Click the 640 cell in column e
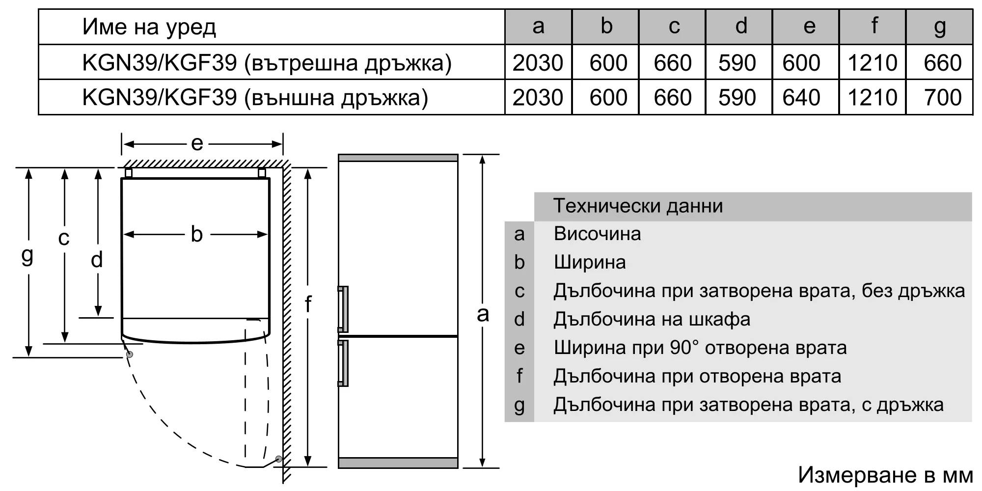click(801, 97)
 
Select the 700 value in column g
click(942, 97)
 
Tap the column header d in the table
click(741, 26)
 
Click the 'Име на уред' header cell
click(149, 27)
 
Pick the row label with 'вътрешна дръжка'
click(267, 63)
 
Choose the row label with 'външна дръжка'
click(255, 98)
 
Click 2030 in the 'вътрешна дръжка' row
click(538, 63)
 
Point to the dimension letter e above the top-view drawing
click(197, 143)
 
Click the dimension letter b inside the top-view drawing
click(196, 234)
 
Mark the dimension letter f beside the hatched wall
click(308, 304)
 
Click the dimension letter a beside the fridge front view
click(483, 314)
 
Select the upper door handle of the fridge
click(343, 309)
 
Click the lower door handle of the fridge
click(343, 363)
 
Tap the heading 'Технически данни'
click(638, 206)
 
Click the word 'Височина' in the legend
click(597, 234)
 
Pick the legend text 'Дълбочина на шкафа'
click(652, 320)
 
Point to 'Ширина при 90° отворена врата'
click(700, 348)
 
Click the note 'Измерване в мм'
click(885, 475)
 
